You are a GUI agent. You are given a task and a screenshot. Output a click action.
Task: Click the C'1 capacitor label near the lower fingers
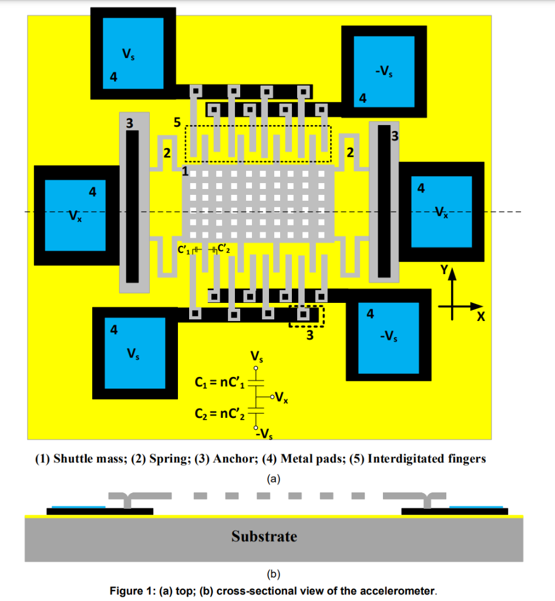coord(184,251)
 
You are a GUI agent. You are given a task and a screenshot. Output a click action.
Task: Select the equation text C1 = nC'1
coord(218,383)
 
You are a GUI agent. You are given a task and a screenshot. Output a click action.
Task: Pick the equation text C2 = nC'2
coord(218,414)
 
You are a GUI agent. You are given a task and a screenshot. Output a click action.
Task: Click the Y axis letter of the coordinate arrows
coord(445,271)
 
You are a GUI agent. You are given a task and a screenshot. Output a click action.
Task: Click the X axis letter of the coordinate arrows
coord(481,317)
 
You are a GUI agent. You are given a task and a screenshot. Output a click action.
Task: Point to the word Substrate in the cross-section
coord(264,536)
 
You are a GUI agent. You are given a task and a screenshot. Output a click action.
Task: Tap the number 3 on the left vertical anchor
coord(129,123)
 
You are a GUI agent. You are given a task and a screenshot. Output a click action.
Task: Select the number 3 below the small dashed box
coord(310,337)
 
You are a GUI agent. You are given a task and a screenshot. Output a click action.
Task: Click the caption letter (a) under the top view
coord(273,479)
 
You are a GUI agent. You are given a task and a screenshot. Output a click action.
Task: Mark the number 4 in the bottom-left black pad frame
coord(114,330)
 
